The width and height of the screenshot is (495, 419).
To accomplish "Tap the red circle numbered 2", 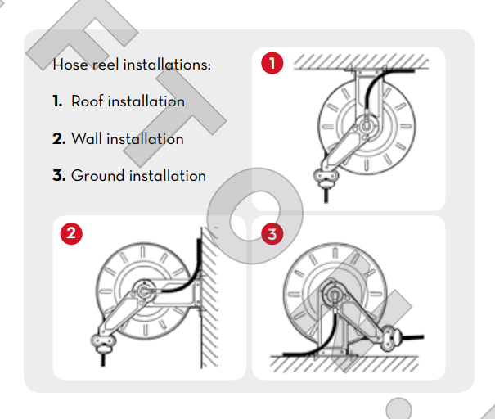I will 71,233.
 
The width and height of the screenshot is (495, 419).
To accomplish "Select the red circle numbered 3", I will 271,233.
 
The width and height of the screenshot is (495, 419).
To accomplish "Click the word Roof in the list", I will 88,101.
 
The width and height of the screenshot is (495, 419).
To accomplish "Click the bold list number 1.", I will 57,101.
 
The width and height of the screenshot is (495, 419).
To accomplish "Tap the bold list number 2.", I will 59,138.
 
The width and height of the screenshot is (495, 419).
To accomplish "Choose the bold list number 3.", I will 59,175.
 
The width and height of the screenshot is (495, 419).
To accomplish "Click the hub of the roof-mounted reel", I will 362,127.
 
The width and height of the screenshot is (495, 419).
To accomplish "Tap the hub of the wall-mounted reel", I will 143,291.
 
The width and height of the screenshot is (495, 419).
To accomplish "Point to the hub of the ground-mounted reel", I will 335,291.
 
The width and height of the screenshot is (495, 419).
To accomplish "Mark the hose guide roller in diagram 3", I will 391,334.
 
